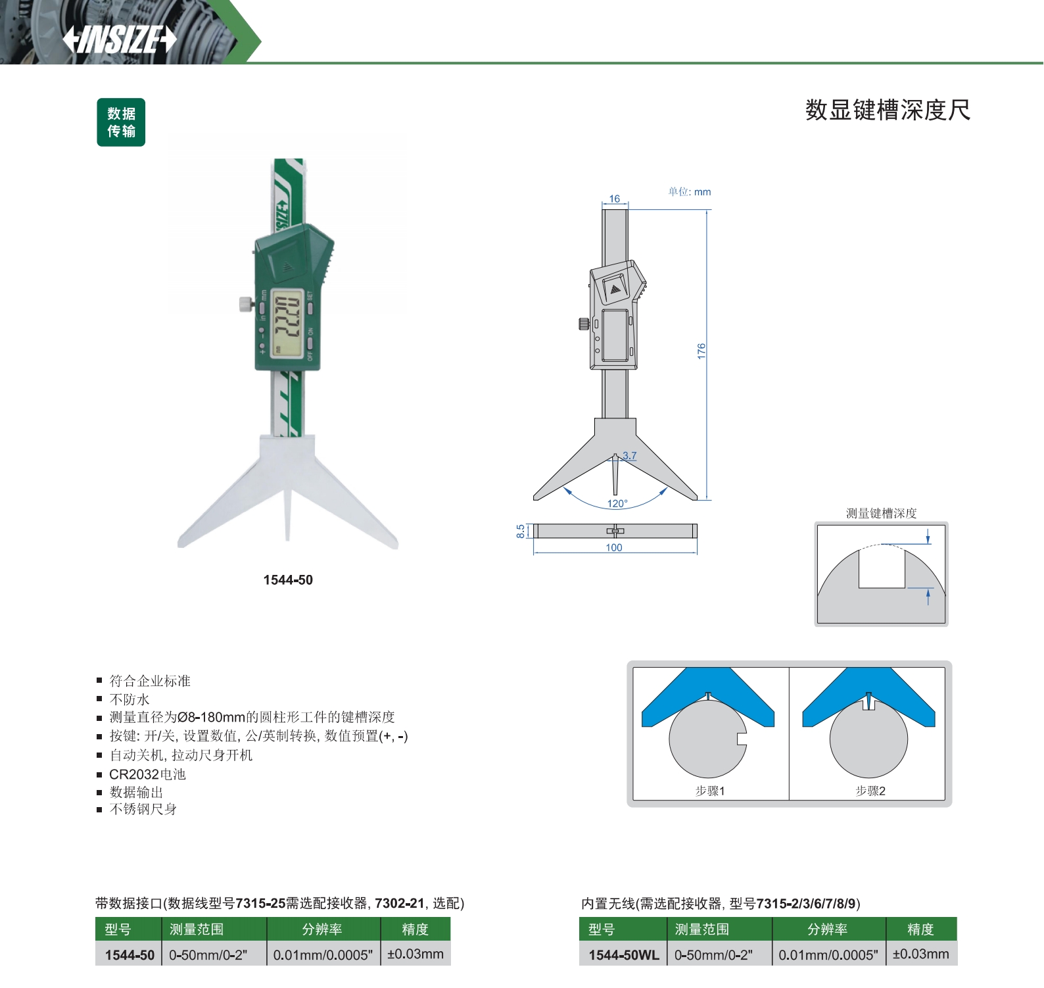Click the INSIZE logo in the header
coord(120,39)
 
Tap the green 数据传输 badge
coord(121,122)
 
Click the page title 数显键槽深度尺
coord(888,110)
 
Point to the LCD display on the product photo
coord(288,322)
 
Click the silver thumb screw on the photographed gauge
coord(246,304)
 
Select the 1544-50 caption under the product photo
coord(288,580)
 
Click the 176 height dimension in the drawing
coord(701,351)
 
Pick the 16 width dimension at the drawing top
coord(615,199)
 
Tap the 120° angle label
coord(617,503)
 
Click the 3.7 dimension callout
coord(630,455)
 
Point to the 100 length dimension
coord(614,547)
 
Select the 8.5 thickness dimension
coord(521,531)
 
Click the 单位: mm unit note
coord(690,192)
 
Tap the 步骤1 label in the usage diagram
coord(710,791)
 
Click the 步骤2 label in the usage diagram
coord(870,791)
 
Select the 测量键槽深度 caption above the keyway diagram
coord(881,513)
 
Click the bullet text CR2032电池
coord(147,774)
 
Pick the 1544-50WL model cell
coord(623,954)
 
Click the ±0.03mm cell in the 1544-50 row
coord(415,954)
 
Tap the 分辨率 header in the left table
coord(322,929)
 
